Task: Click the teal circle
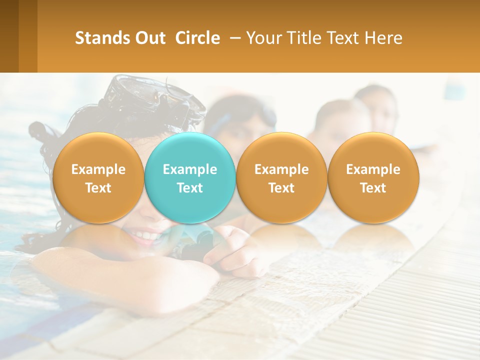pyautogui.click(x=190, y=178)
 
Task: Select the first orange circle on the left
pyautogui.click(x=98, y=178)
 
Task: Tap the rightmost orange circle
pyautogui.click(x=373, y=178)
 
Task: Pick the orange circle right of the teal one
pyautogui.click(x=281, y=178)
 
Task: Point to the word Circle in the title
pyautogui.click(x=197, y=38)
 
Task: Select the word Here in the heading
pyautogui.click(x=383, y=38)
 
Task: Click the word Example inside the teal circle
pyautogui.click(x=190, y=169)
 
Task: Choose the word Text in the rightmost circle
pyautogui.click(x=373, y=188)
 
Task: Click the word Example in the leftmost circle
pyautogui.click(x=98, y=169)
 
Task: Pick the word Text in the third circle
pyautogui.click(x=281, y=188)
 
